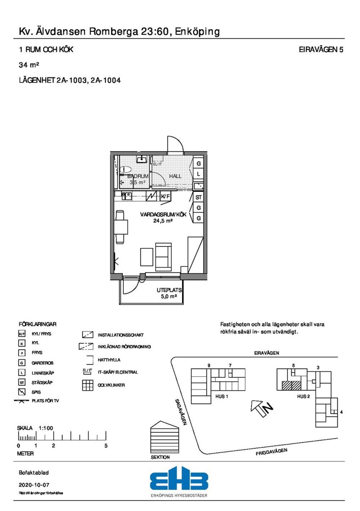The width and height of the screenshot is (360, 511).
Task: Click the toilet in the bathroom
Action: (x=126, y=169)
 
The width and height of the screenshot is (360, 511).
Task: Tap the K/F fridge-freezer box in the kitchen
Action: (x=166, y=196)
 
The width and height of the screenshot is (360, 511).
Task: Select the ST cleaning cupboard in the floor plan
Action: (x=198, y=197)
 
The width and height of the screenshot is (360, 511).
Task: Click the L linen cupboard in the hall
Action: (x=198, y=174)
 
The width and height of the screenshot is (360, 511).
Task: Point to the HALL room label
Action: (x=175, y=176)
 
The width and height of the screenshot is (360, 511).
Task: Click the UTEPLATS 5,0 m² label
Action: (x=169, y=293)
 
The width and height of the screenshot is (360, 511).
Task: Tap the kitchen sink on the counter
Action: (x=126, y=196)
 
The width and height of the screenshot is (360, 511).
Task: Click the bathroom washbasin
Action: (x=141, y=159)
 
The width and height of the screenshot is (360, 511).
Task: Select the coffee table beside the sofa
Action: (x=147, y=257)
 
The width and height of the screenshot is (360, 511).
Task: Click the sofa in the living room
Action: (x=163, y=257)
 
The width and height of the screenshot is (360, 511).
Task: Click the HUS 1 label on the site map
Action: (x=221, y=396)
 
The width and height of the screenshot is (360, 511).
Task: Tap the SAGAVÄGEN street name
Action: (x=181, y=412)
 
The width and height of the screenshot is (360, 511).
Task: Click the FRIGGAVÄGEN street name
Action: (x=271, y=452)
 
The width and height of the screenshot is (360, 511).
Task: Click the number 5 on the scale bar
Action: (x=106, y=446)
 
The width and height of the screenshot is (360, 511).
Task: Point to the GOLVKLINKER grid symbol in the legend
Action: (x=88, y=385)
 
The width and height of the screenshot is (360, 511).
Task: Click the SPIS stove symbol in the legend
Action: (x=22, y=392)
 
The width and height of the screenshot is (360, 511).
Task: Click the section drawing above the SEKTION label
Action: (x=165, y=437)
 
